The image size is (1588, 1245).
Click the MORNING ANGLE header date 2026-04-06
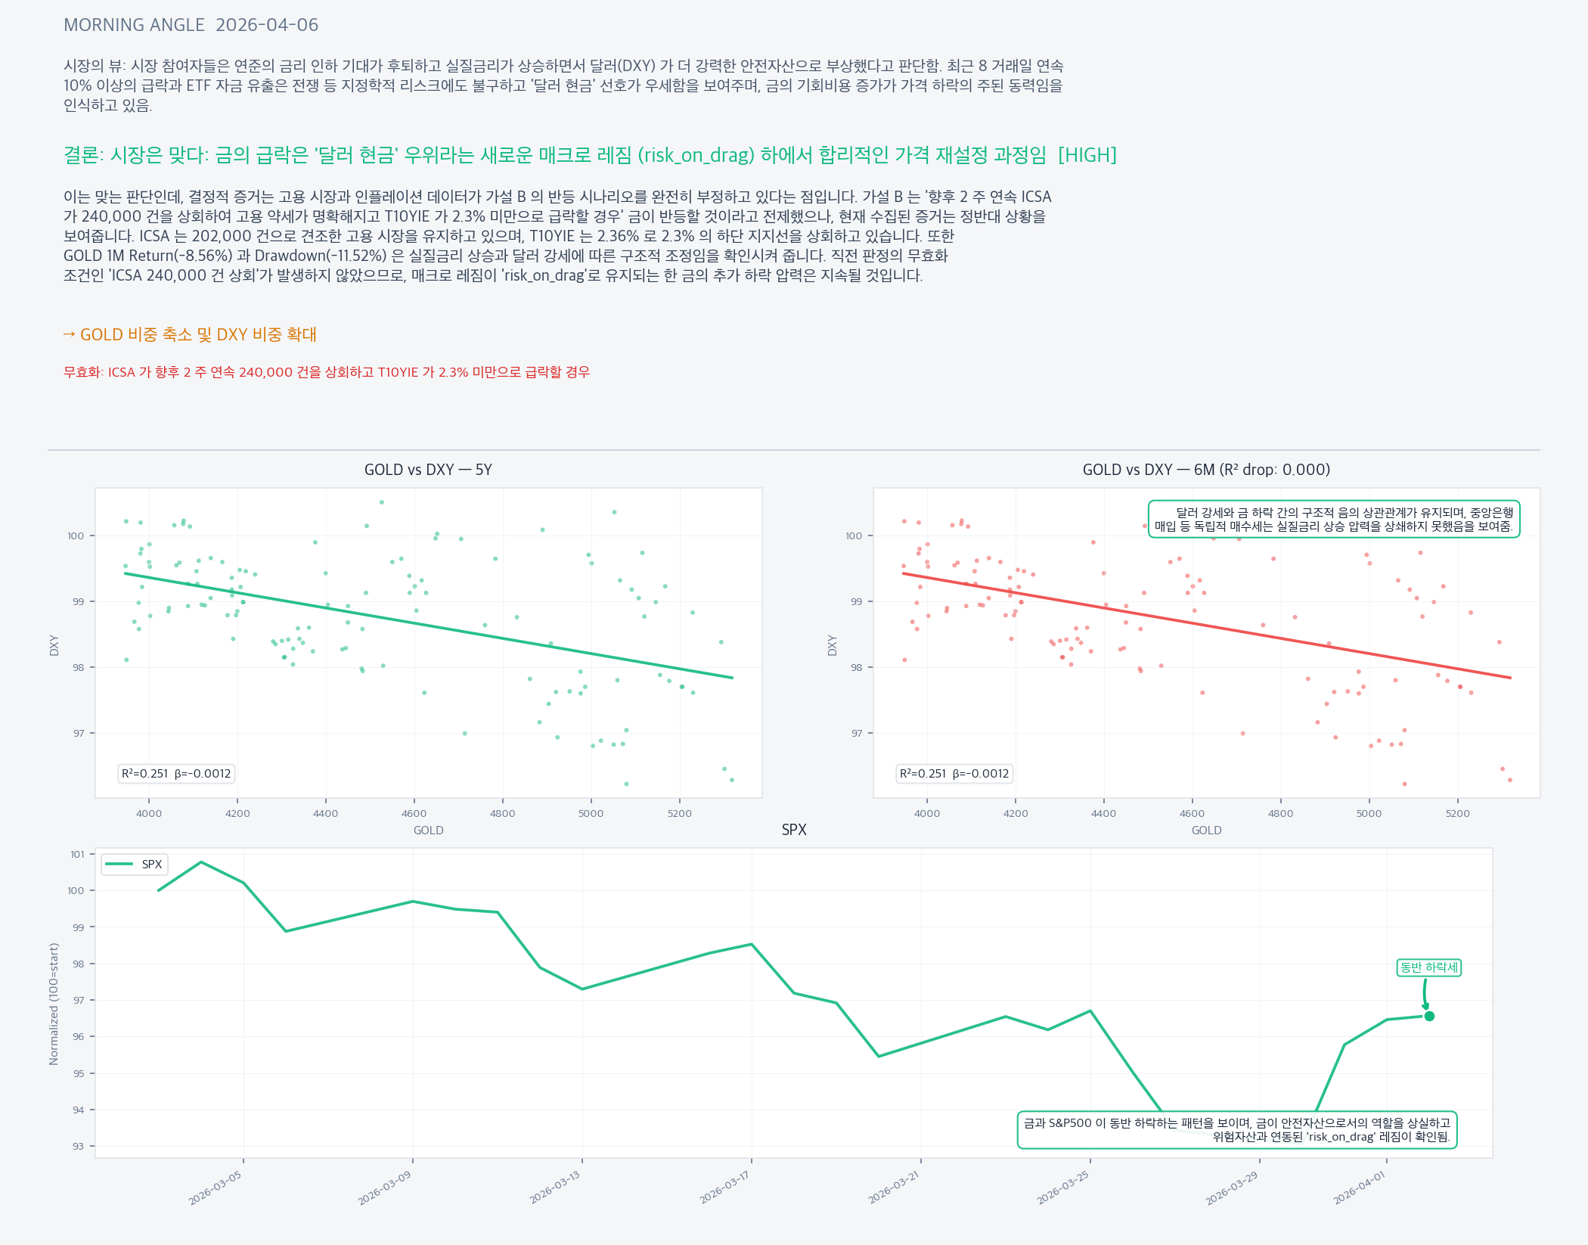point(267,25)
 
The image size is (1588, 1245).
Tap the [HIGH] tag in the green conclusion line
point(1087,155)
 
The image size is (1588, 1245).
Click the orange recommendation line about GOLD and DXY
point(190,334)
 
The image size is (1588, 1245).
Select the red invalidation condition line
point(327,372)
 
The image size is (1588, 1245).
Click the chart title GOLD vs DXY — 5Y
point(428,470)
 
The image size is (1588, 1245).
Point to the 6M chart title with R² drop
point(1206,470)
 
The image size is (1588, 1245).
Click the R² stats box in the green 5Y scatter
point(176,774)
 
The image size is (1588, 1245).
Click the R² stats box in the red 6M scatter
point(954,774)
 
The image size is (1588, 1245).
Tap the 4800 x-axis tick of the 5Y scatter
point(502,814)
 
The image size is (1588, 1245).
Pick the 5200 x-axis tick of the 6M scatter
point(1457,814)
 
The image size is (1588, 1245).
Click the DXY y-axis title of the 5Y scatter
point(54,645)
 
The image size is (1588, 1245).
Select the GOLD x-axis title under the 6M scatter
point(1206,831)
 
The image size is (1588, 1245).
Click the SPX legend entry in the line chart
point(135,865)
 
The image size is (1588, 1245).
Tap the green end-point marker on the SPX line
point(1429,1016)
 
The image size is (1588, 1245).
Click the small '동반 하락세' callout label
point(1428,967)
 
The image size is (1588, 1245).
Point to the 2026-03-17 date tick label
point(724,1187)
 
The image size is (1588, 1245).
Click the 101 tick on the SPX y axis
point(78,855)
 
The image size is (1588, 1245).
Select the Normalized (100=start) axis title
point(54,1004)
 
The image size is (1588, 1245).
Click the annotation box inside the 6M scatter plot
point(1334,520)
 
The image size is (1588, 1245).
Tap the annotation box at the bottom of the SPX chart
point(1237,1130)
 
